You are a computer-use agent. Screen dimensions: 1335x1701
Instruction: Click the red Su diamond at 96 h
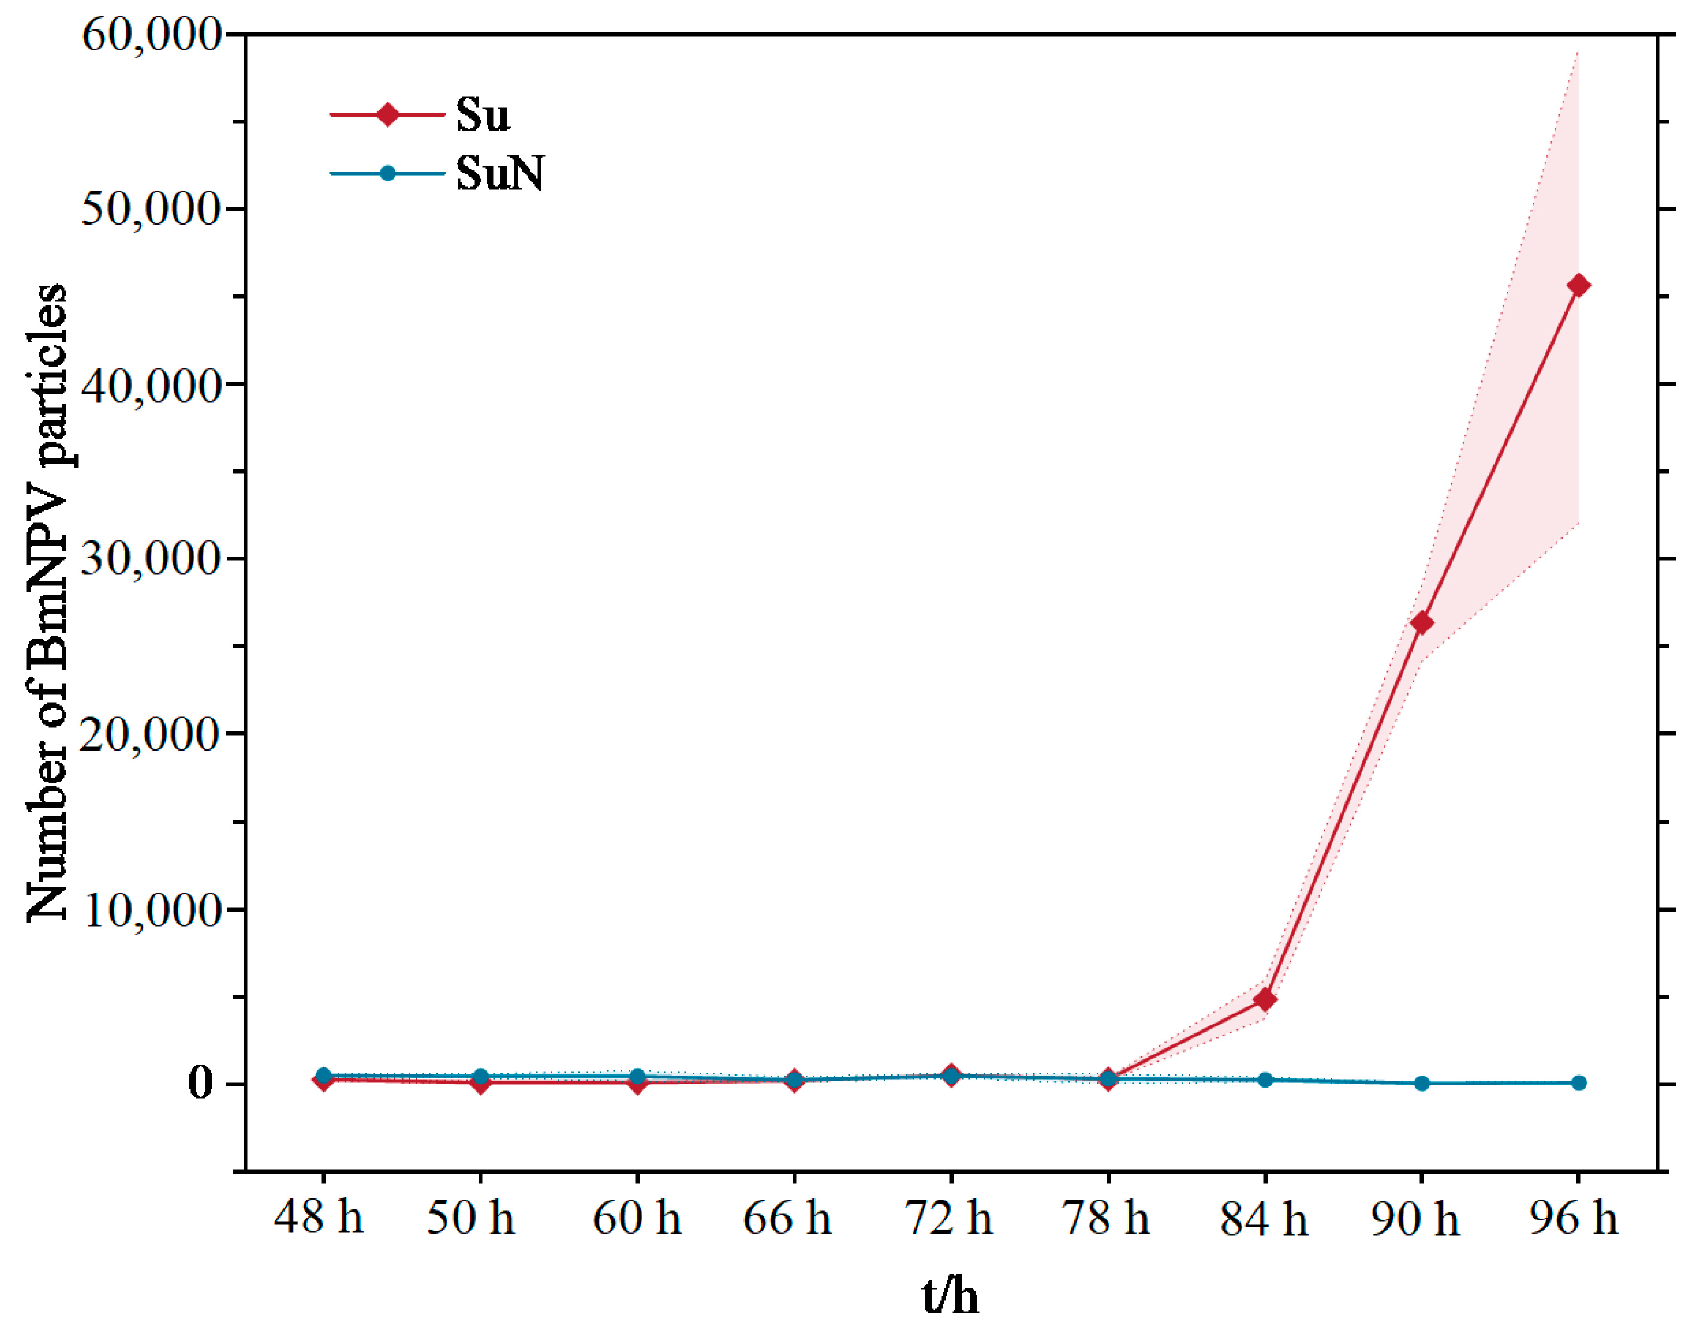1578,285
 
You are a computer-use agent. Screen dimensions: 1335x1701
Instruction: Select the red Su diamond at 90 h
1422,623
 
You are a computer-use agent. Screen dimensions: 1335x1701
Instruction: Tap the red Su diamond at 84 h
1265,999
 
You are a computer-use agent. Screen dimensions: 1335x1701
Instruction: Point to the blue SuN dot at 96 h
1578,1083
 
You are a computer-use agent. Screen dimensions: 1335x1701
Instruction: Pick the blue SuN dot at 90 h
1422,1083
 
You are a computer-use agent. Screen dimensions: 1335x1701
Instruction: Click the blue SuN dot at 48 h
323,1076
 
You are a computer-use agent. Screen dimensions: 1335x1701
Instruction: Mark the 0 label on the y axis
200,1083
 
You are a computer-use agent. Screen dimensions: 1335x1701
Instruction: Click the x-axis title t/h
950,1296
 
